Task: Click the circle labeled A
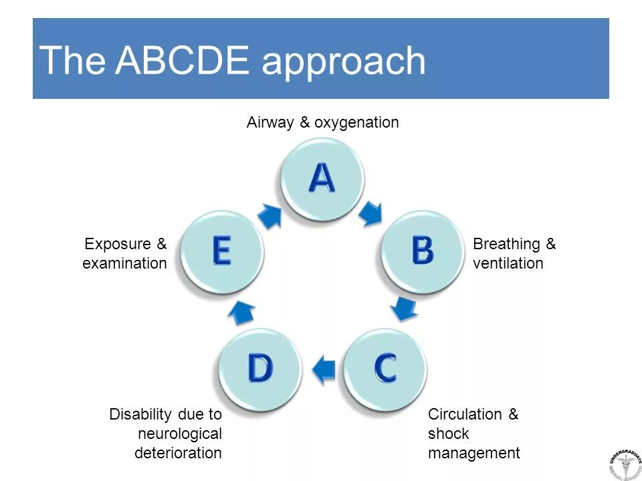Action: [322, 178]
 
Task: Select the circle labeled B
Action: [422, 251]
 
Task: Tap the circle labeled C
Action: [385, 367]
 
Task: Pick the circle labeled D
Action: [260, 367]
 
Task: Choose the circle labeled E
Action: [221, 251]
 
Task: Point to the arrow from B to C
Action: [404, 308]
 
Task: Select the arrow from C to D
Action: [324, 369]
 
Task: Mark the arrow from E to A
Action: [270, 215]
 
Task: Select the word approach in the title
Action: [344, 62]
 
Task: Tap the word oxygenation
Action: [356, 123]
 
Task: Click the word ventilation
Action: [508, 263]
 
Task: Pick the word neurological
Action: [180, 434]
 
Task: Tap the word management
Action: [473, 453]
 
